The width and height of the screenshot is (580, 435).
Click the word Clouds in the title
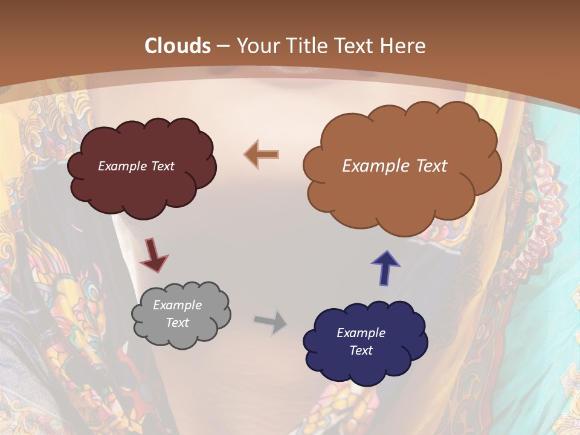(178, 46)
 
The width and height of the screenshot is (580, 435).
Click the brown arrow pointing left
(262, 154)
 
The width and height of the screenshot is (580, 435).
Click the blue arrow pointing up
(385, 268)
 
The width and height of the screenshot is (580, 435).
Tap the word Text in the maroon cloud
(161, 166)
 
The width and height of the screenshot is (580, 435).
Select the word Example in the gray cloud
(177, 305)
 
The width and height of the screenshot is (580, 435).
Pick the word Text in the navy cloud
(361, 350)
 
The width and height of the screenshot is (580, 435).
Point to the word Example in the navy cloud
(361, 333)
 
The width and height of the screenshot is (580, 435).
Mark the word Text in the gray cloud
(177, 323)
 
